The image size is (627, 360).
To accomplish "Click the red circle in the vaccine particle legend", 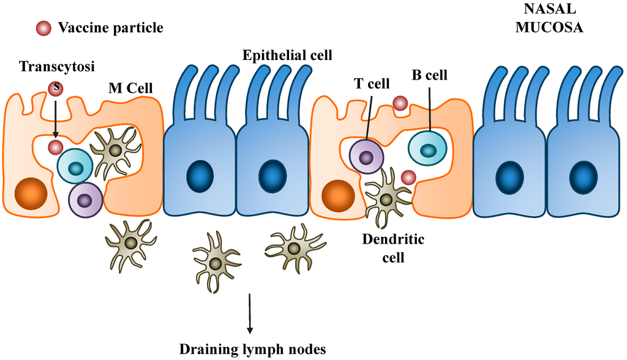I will click(x=43, y=28).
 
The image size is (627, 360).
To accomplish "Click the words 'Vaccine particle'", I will click(x=110, y=28).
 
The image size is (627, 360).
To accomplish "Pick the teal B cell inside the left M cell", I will click(x=75, y=167).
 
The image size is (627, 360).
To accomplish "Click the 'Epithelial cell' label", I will click(x=287, y=56).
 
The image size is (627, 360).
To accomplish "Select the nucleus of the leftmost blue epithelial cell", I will click(x=200, y=177).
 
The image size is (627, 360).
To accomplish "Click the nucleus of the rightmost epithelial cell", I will click(x=582, y=177).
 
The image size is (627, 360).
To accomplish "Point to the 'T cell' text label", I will click(x=373, y=83).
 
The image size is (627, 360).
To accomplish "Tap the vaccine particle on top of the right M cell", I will click(x=400, y=103).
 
